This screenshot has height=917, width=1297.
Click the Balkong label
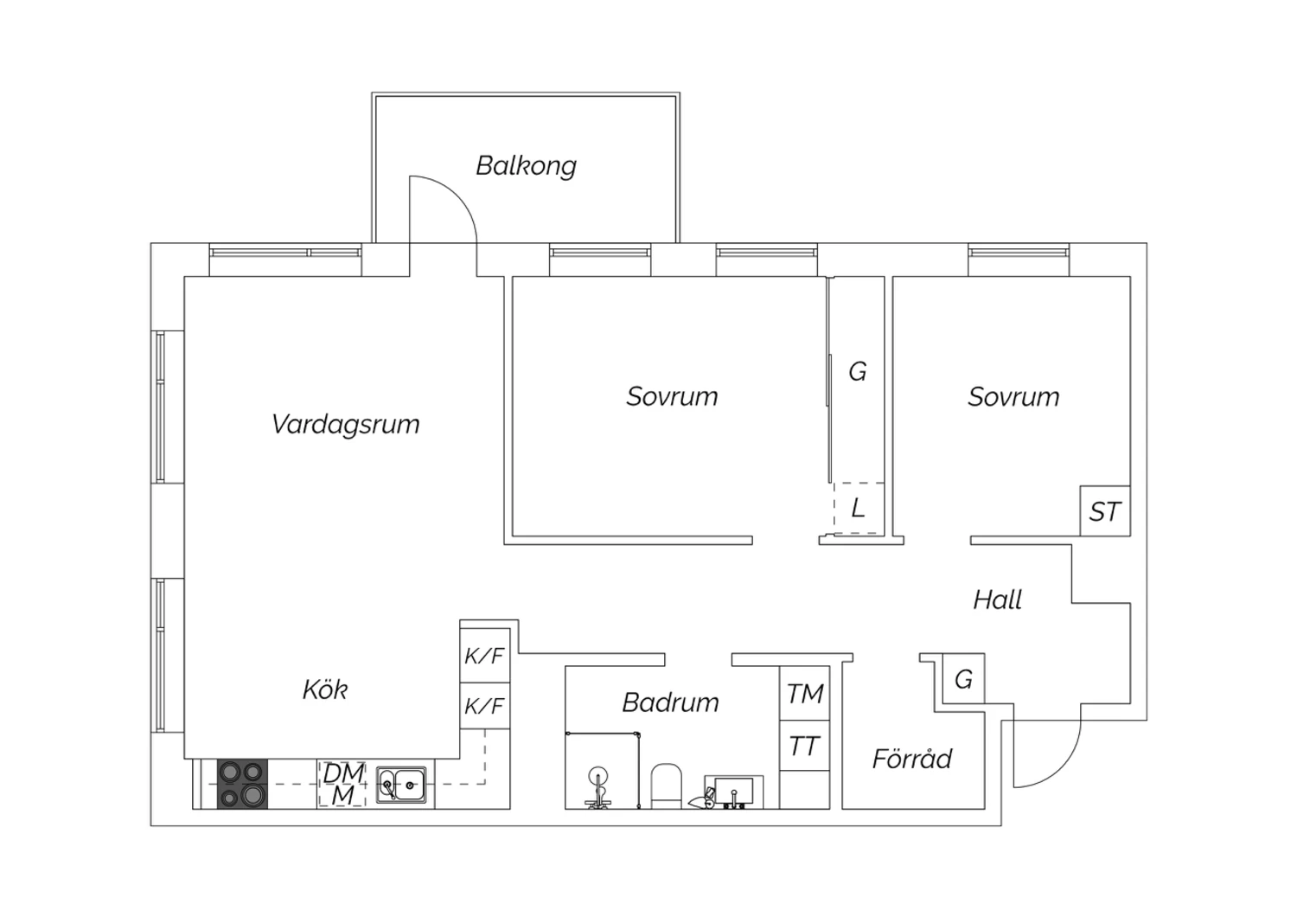coord(526,166)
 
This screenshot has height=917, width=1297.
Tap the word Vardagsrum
coord(345,424)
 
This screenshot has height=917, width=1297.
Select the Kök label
coord(325,689)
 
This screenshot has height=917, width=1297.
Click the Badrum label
coord(670,702)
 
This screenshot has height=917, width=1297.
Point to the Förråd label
coord(912,759)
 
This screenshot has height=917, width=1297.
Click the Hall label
coord(997,600)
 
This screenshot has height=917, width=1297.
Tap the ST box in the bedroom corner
coord(1105,511)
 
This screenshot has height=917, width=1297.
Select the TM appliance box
coord(804,693)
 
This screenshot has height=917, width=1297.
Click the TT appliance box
coord(804,746)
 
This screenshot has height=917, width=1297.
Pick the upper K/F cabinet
coord(484,655)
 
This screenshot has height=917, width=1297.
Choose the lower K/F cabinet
coord(484,706)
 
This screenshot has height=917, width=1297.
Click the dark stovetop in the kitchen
coord(243,784)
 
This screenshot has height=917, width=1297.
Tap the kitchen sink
coord(401,785)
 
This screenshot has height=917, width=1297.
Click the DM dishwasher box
coord(342,784)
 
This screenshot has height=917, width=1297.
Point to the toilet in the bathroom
coord(667,786)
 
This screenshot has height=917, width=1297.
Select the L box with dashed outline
coord(859,508)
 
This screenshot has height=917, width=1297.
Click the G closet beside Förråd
coord(963,679)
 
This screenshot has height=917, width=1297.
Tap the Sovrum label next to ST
coord(1013,397)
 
